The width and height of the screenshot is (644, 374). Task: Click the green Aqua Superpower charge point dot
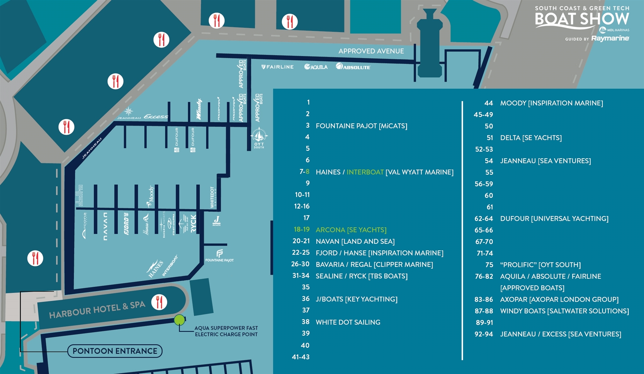[x=179, y=320]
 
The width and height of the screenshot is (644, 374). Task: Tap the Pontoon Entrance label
[x=115, y=351]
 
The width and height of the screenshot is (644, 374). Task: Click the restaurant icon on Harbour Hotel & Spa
[x=159, y=302]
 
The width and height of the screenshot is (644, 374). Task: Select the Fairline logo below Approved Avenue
[x=278, y=67]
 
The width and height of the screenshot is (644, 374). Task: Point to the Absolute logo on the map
[x=353, y=67]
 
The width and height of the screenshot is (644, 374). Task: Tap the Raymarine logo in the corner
[x=610, y=38]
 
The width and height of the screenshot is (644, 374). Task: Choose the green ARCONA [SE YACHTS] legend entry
[x=351, y=230]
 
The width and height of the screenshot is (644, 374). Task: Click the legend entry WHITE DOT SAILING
[x=348, y=322]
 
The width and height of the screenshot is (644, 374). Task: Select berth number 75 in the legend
[x=489, y=265]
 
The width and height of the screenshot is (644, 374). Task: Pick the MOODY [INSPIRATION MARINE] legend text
[x=551, y=103]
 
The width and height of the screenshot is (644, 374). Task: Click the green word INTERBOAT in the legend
[x=365, y=172]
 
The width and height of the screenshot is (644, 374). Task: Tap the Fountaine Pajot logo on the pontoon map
[x=219, y=256]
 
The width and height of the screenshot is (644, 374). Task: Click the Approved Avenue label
[x=371, y=51]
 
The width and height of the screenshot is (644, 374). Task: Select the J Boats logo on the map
[x=217, y=220]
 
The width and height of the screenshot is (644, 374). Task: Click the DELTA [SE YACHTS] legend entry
[x=531, y=137]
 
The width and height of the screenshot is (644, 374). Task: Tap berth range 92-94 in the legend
[x=483, y=334]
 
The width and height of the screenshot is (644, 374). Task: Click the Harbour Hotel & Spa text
[x=97, y=310]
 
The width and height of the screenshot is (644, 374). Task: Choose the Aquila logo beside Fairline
[x=316, y=67]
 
